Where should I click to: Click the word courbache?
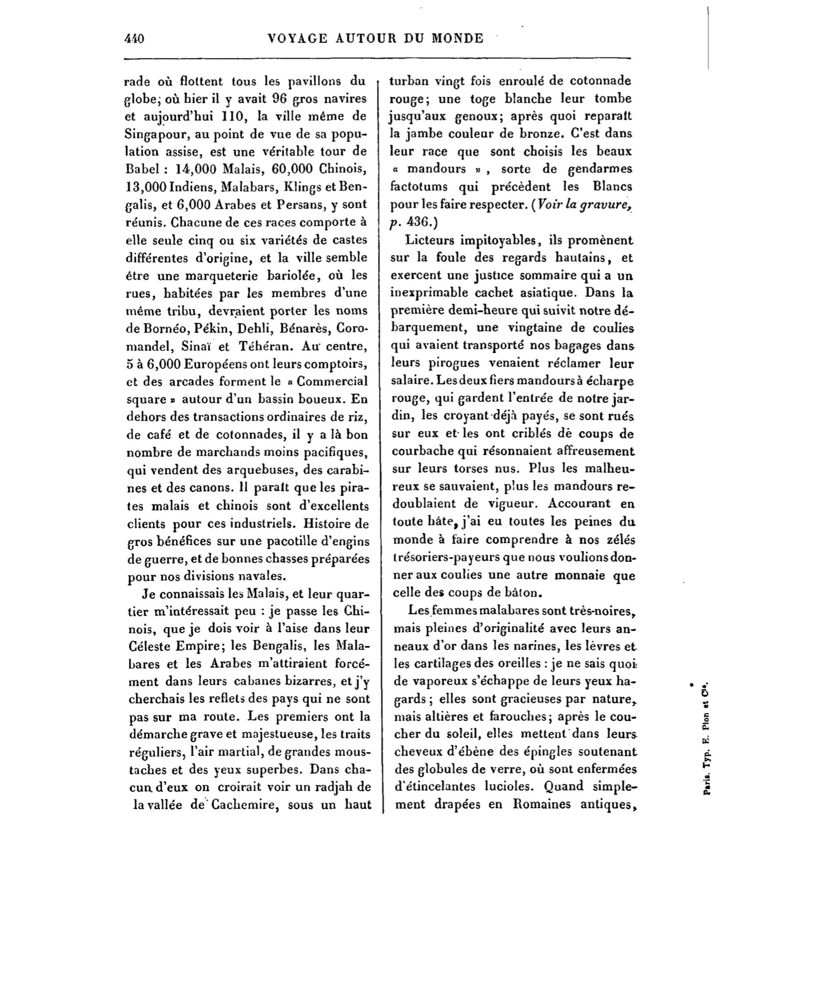pyautogui.click(x=423, y=451)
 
